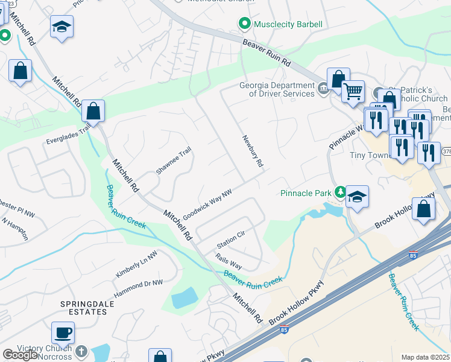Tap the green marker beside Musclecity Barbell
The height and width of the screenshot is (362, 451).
[244, 24]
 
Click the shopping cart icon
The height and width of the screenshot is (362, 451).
[353, 92]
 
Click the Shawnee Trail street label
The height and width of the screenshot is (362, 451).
[174, 160]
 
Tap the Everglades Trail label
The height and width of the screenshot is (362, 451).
[68, 135]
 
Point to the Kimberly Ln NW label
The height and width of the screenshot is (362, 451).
[136, 265]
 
